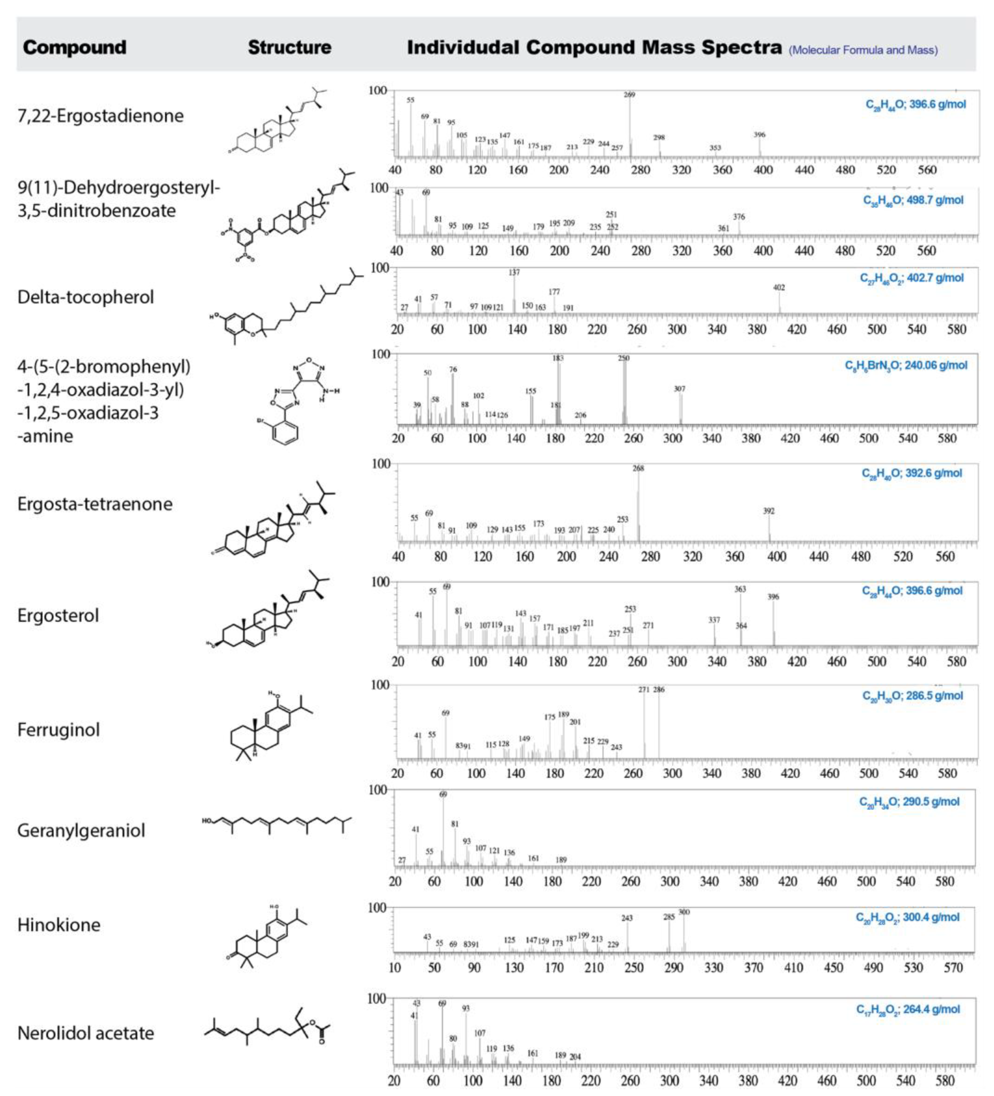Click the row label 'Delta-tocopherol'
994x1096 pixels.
click(x=85, y=297)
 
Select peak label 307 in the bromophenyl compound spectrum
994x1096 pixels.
click(x=680, y=389)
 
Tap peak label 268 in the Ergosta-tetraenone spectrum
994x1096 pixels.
click(x=638, y=468)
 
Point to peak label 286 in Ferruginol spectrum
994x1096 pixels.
click(x=659, y=689)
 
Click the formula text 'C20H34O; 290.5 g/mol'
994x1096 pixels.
click(x=909, y=802)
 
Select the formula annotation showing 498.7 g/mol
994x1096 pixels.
click(x=913, y=200)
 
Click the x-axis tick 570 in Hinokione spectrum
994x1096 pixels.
click(x=953, y=968)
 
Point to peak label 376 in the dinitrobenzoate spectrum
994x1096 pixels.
click(x=738, y=217)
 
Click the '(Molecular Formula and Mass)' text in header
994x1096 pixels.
click(x=863, y=50)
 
